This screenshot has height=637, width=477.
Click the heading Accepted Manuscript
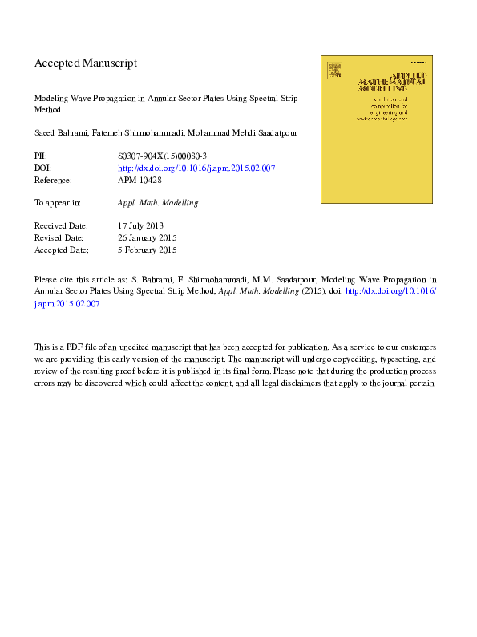click(x=86, y=63)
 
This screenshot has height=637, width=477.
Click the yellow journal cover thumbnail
click(x=378, y=128)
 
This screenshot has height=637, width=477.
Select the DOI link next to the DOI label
click(x=196, y=168)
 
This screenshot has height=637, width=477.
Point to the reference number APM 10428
click(x=140, y=180)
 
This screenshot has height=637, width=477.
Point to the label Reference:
click(x=54, y=180)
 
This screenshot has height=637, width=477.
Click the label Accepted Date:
click(x=61, y=250)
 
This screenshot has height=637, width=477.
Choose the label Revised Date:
click(x=59, y=238)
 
